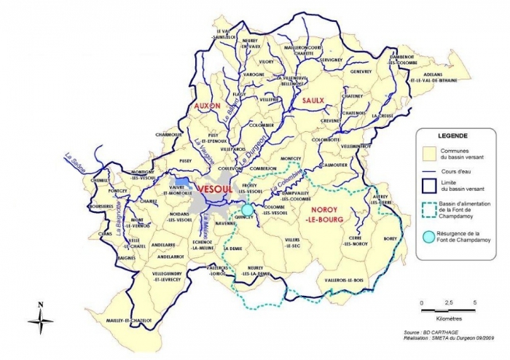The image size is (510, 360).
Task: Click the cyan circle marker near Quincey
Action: click(x=247, y=209)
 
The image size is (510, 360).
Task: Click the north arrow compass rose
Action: click(x=42, y=318)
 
